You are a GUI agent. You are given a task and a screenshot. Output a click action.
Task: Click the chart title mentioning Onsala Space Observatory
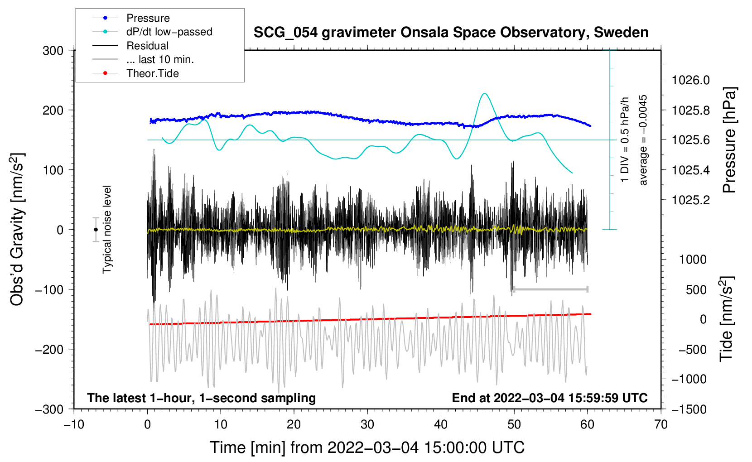pos(451,33)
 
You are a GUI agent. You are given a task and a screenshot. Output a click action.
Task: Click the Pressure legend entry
pos(148,18)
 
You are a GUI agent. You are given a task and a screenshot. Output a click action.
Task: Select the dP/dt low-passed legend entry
pos(169,32)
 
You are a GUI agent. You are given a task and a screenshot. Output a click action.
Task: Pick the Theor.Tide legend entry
pos(152,73)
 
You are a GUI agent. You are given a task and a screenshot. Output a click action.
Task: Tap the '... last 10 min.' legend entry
pos(160,59)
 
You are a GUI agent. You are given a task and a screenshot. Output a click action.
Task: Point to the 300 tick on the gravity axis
pos(53,50)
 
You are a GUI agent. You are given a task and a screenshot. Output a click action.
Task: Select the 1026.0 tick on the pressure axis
pos(690,80)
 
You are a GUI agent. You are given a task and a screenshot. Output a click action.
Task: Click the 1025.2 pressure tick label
pos(690,200)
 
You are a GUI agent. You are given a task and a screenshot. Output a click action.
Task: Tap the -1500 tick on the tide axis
pos(689,409)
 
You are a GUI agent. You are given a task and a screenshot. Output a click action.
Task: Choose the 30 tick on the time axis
pos(367,424)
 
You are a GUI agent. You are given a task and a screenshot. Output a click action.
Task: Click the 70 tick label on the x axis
pos(661,424)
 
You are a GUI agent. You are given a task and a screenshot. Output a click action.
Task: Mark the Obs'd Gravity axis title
pos(17,229)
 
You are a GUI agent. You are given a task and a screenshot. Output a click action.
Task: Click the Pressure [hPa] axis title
pos(729,140)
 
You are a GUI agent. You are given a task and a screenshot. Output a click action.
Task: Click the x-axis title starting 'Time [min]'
pos(367,448)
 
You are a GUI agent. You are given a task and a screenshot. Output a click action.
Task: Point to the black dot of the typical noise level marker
pos(96,230)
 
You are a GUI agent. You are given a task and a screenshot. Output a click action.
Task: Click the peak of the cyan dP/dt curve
pos(485,94)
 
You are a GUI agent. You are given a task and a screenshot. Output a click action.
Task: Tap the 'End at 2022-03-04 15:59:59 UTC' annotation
pos(550,398)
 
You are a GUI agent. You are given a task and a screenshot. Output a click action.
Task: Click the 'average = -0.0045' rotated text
pos(643,140)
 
